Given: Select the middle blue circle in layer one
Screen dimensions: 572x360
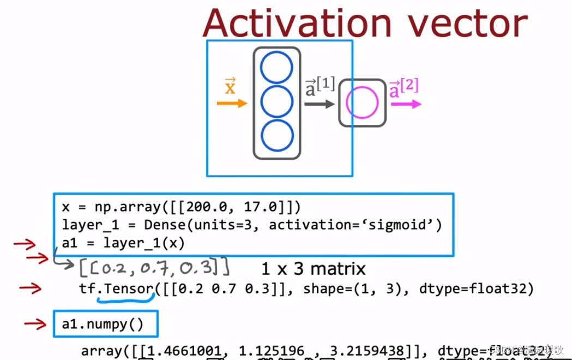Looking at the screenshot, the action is [277, 101].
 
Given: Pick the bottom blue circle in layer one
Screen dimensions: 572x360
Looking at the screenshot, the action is [277, 135].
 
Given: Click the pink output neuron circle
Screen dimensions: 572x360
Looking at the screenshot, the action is [362, 103].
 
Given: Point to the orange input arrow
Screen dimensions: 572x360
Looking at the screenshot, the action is [231, 103].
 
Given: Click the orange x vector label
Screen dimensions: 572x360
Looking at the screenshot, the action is [230, 86].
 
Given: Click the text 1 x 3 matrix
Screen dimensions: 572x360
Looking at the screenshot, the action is [312, 268].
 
